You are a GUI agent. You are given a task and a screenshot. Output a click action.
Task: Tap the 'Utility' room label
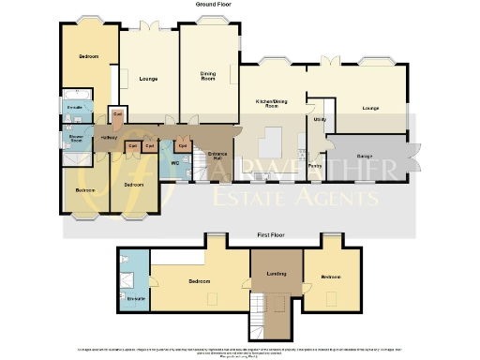319,120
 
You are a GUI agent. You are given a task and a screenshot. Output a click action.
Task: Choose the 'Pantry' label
315,166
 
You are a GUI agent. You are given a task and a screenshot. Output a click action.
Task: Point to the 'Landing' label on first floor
275,274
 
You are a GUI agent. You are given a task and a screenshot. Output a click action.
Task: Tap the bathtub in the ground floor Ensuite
75,96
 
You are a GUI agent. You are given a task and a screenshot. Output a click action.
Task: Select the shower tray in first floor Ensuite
131,277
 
